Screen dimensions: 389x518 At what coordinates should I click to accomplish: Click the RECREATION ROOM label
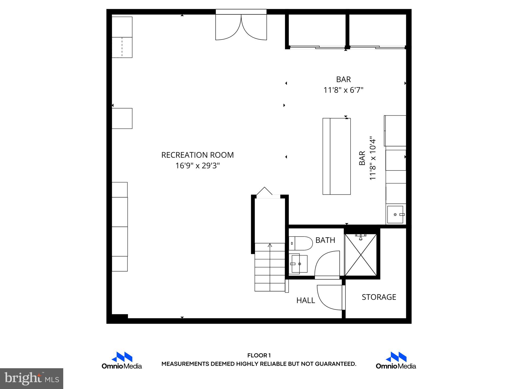197,155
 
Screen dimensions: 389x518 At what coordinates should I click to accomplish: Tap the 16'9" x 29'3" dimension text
197,166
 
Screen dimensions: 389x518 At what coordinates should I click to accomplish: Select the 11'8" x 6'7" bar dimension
343,90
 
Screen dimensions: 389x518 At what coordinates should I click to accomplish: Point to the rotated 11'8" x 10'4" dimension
373,160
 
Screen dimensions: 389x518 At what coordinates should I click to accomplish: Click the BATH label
325,240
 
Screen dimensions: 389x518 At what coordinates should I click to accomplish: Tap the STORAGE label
379,297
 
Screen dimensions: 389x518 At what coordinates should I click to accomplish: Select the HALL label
306,300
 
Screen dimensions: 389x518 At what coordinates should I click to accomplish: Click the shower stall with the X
361,255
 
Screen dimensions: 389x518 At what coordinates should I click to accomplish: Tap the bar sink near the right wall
395,215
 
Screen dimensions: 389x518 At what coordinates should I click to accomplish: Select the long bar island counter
336,156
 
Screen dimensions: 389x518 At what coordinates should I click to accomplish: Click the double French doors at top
241,27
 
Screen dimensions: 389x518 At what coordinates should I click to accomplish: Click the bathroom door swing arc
327,265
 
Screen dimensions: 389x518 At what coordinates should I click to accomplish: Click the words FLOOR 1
259,356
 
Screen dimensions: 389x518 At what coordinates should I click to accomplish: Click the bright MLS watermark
32,379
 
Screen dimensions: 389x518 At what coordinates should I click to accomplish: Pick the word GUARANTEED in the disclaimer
332,364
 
